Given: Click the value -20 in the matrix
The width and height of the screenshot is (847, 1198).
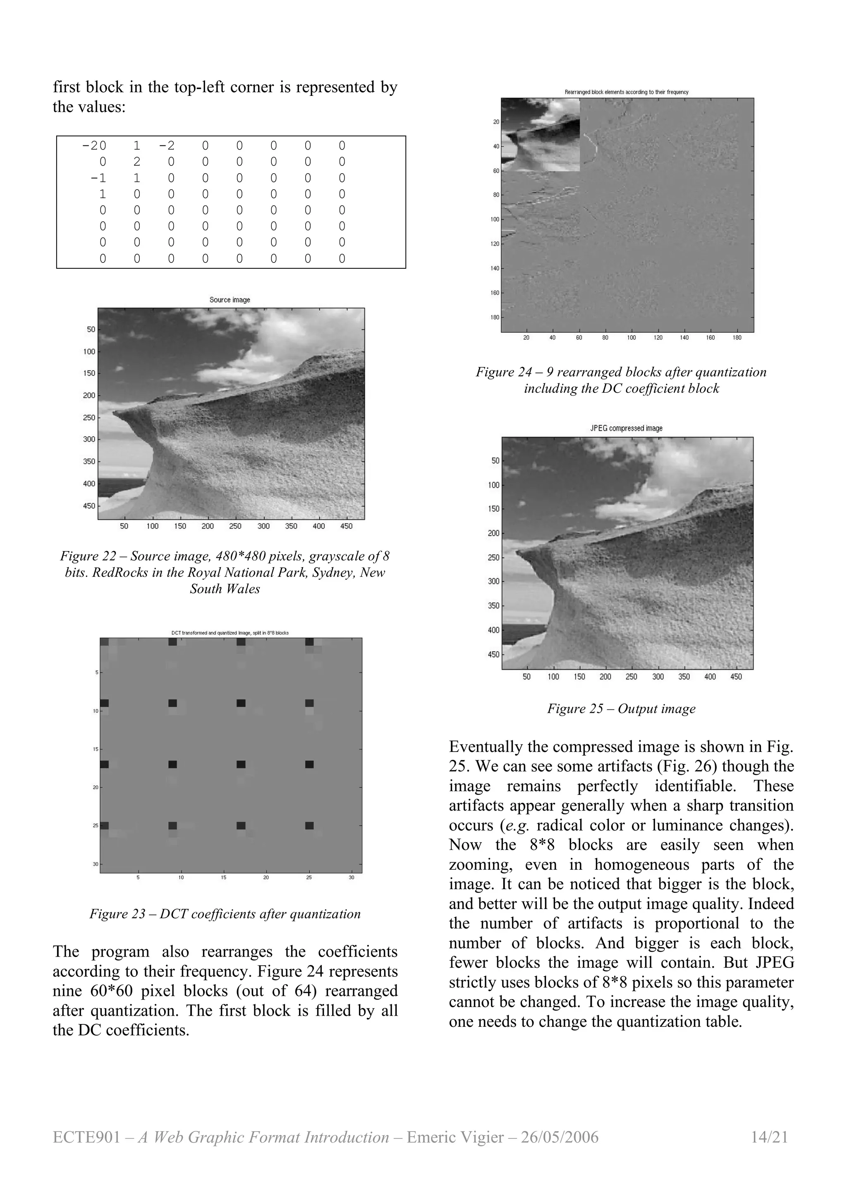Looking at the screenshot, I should coord(94,146).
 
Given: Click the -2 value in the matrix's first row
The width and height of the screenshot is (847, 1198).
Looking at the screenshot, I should coord(167,146).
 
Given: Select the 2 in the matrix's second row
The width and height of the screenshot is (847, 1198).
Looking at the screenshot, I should coord(137,162).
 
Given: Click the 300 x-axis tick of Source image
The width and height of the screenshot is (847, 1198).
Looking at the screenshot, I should coord(263,526).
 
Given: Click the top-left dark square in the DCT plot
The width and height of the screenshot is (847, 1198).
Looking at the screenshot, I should coord(104,642).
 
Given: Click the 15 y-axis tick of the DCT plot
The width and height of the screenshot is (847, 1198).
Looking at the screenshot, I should coord(96,749).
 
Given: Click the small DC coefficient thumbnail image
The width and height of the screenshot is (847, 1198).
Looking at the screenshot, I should coord(540,135).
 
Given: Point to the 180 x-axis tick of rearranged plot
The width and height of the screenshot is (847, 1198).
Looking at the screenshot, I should coord(737,338).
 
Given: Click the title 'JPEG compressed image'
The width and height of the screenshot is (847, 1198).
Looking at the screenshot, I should coord(626,428).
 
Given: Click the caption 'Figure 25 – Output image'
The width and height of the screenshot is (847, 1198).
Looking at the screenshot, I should coord(621,709).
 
